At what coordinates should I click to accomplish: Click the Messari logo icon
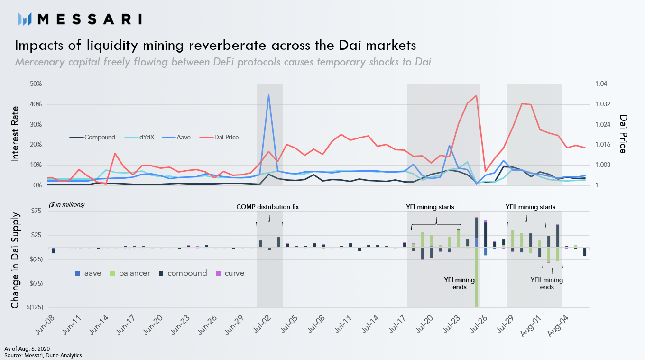(x=24, y=19)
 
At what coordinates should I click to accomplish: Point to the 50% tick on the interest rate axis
(x=36, y=84)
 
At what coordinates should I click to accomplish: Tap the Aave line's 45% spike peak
(x=269, y=95)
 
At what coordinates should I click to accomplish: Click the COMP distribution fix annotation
(x=267, y=207)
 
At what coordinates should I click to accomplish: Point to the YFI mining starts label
(x=430, y=207)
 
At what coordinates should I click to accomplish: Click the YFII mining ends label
(x=546, y=284)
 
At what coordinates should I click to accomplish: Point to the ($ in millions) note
(x=66, y=204)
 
